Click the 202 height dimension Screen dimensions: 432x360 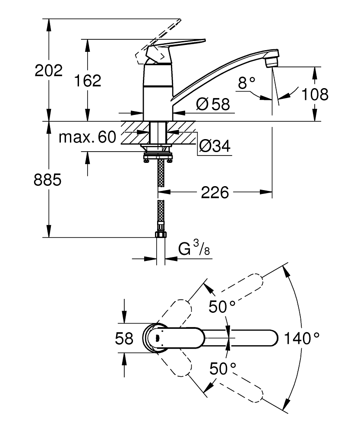click(x=48, y=71)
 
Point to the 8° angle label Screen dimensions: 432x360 click(x=247, y=83)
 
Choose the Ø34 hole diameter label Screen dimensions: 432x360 click(x=214, y=147)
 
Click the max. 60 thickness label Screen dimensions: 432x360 click(x=88, y=137)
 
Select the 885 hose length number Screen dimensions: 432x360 click(x=48, y=180)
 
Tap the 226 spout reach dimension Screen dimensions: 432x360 click(x=215, y=193)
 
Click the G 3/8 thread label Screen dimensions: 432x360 click(x=194, y=249)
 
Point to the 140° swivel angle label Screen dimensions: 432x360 click(x=302, y=338)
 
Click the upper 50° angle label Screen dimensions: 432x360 click(x=222, y=307)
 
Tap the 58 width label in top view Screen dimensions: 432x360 click(x=124, y=338)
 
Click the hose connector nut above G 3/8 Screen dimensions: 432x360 click(x=161, y=234)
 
